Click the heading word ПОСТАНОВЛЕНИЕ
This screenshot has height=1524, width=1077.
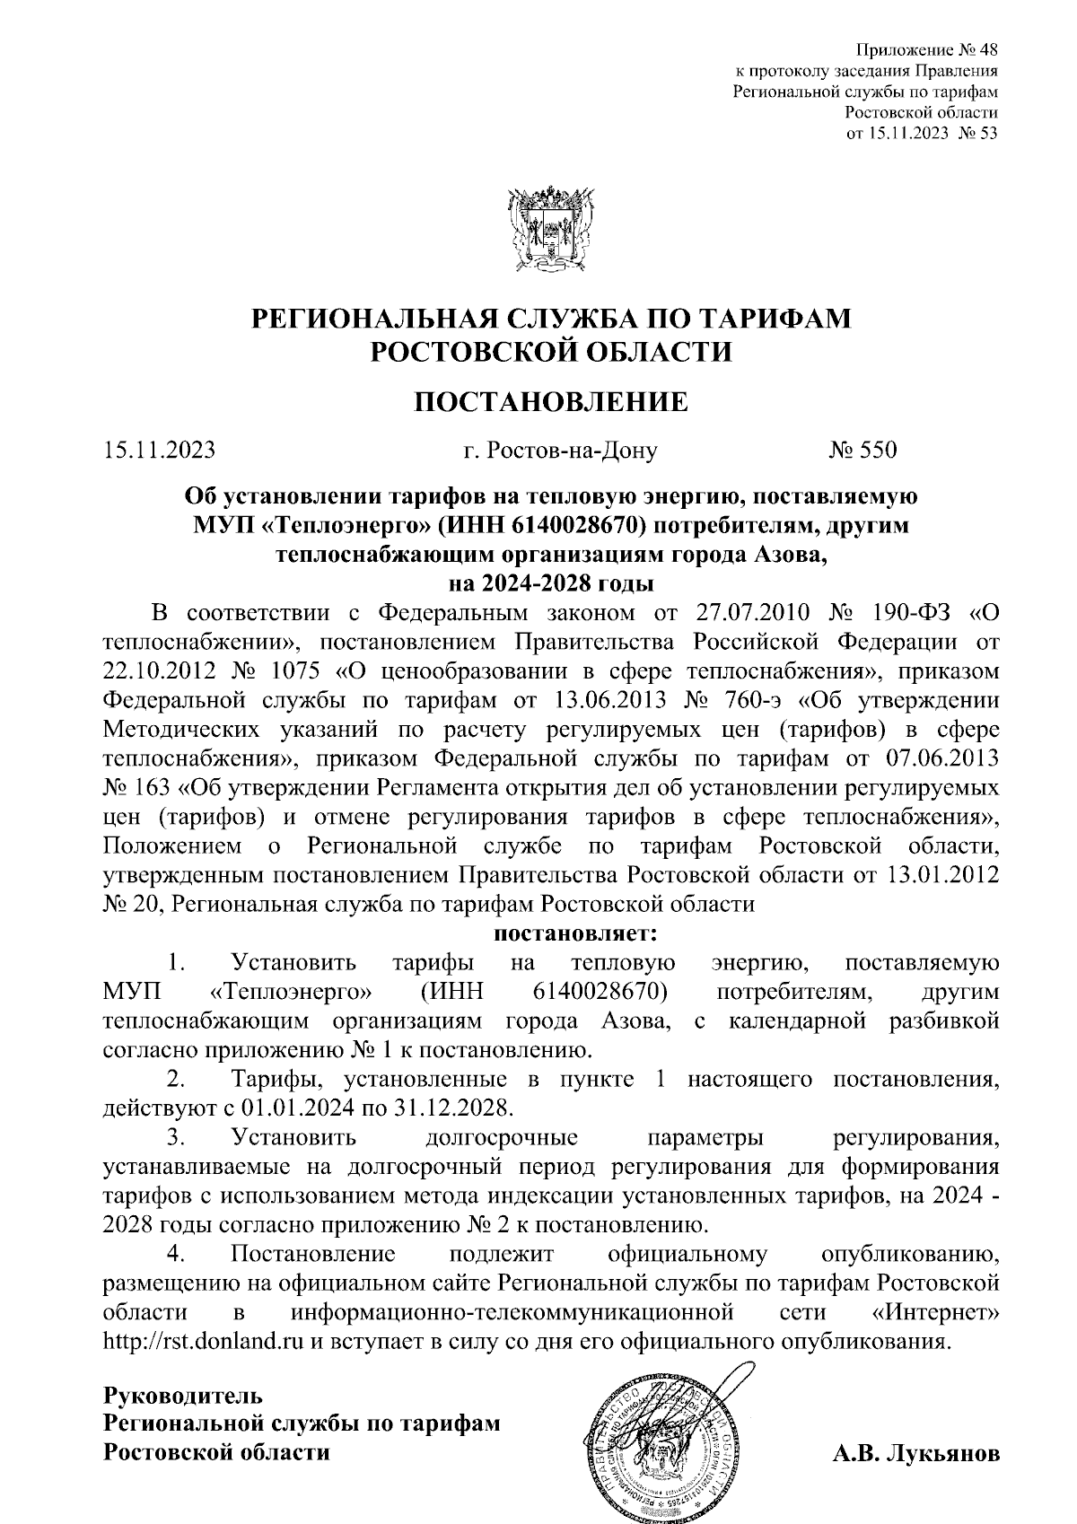point(551,402)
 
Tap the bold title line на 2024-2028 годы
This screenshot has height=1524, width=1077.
point(551,582)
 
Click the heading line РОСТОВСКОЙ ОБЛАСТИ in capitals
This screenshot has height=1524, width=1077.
point(551,351)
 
